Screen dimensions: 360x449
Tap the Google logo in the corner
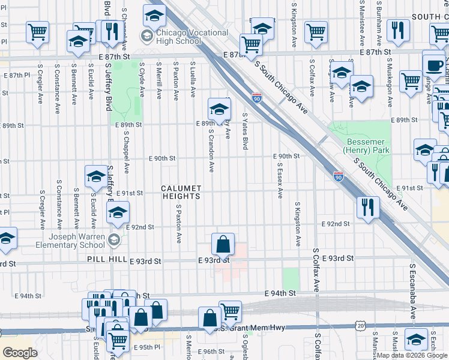click(x=20, y=352)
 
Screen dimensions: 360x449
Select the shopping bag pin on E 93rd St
click(x=222, y=245)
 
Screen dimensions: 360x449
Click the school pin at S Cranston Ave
click(x=219, y=109)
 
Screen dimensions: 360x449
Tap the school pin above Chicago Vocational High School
click(x=154, y=15)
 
